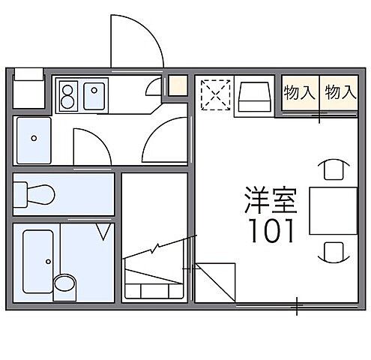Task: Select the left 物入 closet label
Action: tap(298, 92)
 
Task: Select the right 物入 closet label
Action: tap(339, 92)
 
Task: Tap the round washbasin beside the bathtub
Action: tap(65, 284)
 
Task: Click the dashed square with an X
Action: tap(214, 95)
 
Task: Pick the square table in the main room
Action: tap(333, 210)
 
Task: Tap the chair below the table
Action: tap(332, 251)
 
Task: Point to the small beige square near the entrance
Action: tap(177, 85)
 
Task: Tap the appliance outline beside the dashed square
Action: tap(253, 97)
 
